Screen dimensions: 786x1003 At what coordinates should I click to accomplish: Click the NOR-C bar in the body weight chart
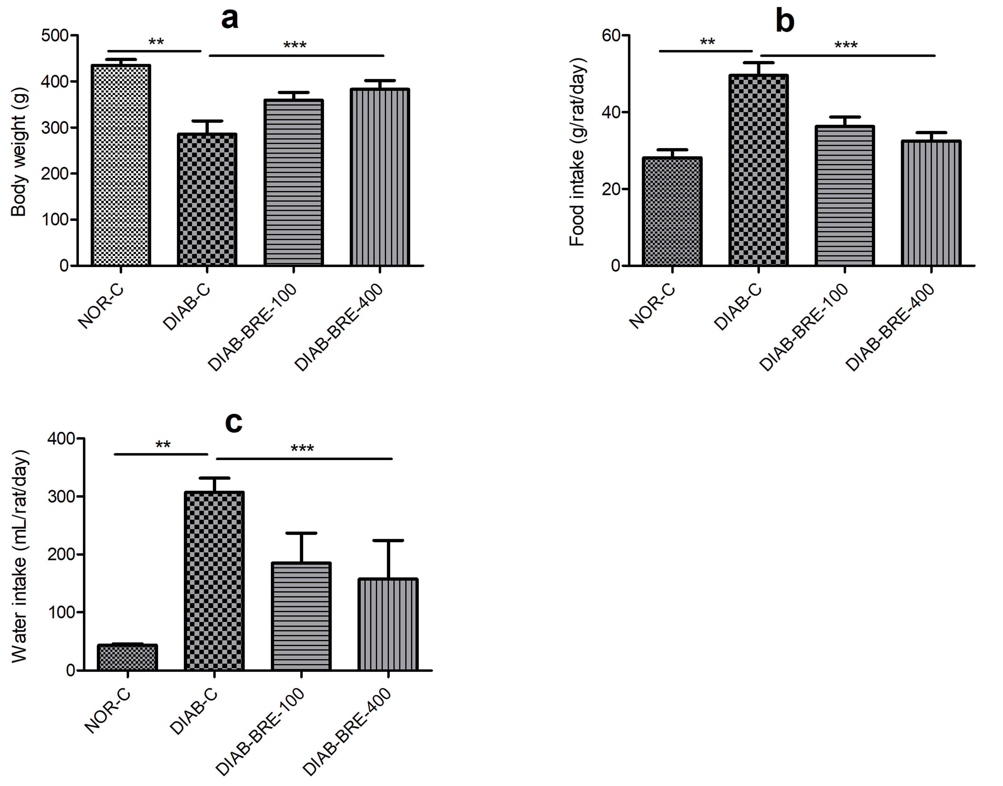pyautogui.click(x=121, y=166)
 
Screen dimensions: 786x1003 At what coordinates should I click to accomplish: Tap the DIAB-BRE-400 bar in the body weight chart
pyautogui.click(x=380, y=177)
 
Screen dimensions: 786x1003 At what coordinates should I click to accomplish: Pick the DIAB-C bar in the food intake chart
pyautogui.click(x=759, y=170)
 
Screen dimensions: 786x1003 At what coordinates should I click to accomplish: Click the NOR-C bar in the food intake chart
pyautogui.click(x=672, y=212)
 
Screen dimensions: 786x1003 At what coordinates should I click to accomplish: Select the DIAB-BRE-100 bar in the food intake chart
pyautogui.click(x=845, y=196)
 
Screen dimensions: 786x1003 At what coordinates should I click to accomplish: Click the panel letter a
pyautogui.click(x=230, y=19)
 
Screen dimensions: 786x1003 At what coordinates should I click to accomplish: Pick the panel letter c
pyautogui.click(x=234, y=423)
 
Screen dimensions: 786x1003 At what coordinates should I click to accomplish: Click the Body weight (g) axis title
pyautogui.click(x=19, y=152)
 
